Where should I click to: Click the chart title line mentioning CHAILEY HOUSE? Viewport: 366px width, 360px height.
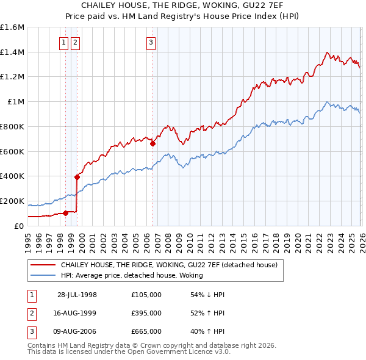click(183, 5)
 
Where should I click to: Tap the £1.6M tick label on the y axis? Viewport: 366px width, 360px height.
click(12, 27)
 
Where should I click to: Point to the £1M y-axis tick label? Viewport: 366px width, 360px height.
click(15, 102)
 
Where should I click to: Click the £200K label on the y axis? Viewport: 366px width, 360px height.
click(12, 201)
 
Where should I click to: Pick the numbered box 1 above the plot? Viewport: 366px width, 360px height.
click(64, 43)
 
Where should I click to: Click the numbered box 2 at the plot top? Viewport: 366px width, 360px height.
click(75, 43)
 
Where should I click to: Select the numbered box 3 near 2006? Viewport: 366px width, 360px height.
click(151, 43)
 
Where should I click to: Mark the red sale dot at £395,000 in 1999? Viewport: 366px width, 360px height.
click(77, 177)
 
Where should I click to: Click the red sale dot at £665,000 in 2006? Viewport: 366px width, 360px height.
click(152, 143)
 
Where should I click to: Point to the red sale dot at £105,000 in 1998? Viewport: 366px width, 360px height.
click(65, 213)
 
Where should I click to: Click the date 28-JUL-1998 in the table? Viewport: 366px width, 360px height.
click(77, 295)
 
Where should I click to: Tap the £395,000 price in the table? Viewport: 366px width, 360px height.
click(146, 313)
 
